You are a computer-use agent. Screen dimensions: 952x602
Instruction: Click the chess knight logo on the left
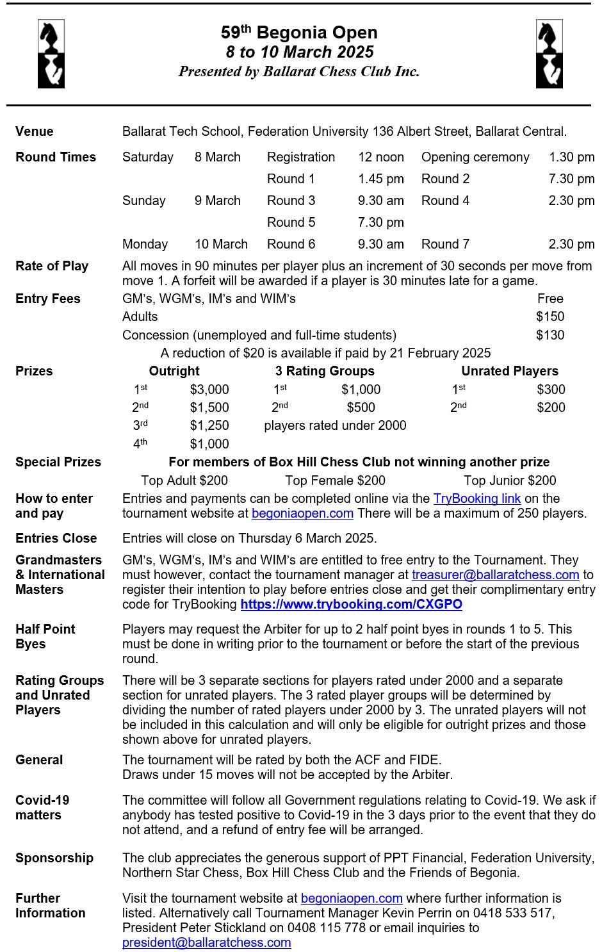click(x=51, y=54)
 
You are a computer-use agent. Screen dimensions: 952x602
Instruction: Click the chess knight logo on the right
click(x=549, y=54)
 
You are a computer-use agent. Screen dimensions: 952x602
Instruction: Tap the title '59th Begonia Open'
click(x=299, y=33)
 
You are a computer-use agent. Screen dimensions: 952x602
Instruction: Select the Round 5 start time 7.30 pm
click(x=380, y=222)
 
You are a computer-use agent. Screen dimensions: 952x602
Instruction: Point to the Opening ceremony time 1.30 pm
click(x=571, y=157)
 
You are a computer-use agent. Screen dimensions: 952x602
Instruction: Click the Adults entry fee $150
click(x=550, y=316)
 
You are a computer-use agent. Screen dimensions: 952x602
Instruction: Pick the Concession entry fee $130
click(x=550, y=335)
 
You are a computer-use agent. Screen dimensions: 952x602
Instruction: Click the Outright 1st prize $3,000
click(x=209, y=390)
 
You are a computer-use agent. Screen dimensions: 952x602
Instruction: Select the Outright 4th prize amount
click(x=209, y=444)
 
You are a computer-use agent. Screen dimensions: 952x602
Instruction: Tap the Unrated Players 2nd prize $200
click(x=551, y=407)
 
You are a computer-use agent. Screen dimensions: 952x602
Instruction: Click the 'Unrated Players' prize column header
click(x=510, y=371)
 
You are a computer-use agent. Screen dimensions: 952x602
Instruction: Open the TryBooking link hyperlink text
click(x=476, y=498)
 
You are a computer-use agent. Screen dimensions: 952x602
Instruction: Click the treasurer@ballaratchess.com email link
click(x=495, y=575)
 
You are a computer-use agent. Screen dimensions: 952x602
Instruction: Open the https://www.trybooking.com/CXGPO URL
click(x=351, y=604)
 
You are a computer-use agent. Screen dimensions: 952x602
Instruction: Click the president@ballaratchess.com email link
click(x=206, y=942)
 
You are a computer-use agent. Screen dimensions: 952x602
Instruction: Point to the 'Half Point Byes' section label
click(x=45, y=636)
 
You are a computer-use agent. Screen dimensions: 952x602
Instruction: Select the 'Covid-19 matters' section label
click(x=42, y=807)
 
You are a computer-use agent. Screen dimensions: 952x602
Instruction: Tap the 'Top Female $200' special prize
click(x=335, y=480)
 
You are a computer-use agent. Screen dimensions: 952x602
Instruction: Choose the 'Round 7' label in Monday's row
click(x=445, y=244)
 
